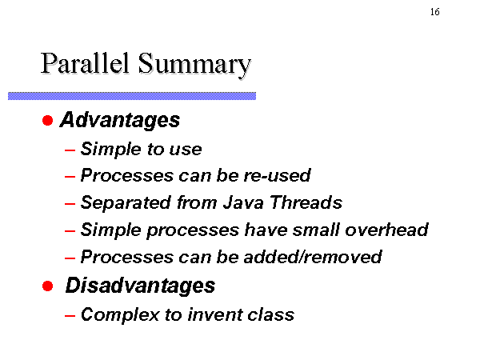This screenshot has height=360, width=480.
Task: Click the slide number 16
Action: click(435, 12)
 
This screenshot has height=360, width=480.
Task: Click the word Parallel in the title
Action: click(85, 63)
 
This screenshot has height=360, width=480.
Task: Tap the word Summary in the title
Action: click(194, 66)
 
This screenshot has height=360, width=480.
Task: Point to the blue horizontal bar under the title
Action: click(132, 96)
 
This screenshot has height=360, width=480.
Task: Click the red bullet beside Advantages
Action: click(48, 120)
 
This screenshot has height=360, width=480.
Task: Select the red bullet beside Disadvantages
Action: click(48, 286)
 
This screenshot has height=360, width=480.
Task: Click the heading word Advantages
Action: click(120, 120)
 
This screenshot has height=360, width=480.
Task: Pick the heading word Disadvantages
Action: click(141, 286)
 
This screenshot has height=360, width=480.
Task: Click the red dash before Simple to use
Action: click(70, 150)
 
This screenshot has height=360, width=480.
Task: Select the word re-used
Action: click(277, 175)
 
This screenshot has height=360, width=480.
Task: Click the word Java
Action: click(243, 202)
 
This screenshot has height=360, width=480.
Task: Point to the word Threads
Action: click(306, 202)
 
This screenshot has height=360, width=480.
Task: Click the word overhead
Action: click(386, 230)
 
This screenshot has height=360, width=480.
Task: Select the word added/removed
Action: click(313, 257)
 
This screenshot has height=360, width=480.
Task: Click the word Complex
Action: click(120, 314)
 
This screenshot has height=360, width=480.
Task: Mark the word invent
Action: click(214, 314)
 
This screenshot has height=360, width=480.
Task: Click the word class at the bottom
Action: click(271, 314)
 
